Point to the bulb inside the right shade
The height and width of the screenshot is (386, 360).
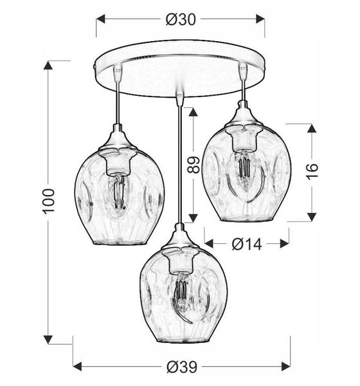click(244, 169)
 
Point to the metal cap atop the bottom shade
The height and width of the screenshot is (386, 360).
click(181, 241)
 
